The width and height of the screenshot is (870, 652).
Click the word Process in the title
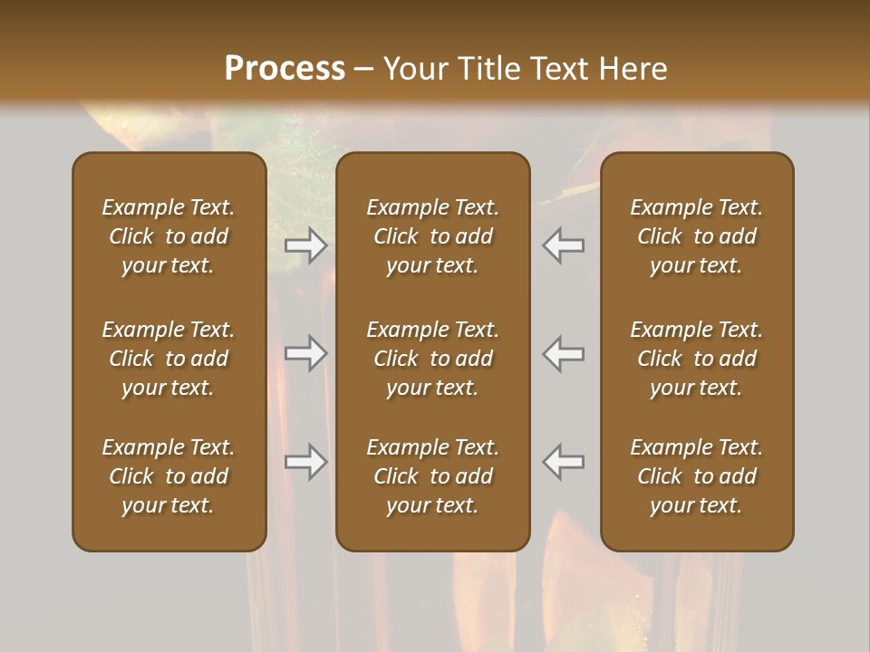285,68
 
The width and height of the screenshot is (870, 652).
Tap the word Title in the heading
488,69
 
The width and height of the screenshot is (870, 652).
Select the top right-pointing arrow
305,244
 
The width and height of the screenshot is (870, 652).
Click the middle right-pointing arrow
305,353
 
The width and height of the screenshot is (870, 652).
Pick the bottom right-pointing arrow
305,462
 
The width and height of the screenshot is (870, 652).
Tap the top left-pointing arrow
564,244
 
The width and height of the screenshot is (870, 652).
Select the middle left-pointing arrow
564,353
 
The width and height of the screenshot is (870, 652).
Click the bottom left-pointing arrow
564,462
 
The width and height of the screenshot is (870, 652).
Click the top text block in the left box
169,236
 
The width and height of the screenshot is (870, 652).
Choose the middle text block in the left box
169,359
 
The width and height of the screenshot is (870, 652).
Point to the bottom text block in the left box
169,476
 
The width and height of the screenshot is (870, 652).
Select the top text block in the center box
433,236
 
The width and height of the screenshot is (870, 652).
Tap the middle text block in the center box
433,359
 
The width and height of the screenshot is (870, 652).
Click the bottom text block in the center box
433,476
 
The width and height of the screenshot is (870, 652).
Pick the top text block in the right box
697,236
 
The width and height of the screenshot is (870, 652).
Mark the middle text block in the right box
697,359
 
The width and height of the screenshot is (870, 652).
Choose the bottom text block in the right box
697,476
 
